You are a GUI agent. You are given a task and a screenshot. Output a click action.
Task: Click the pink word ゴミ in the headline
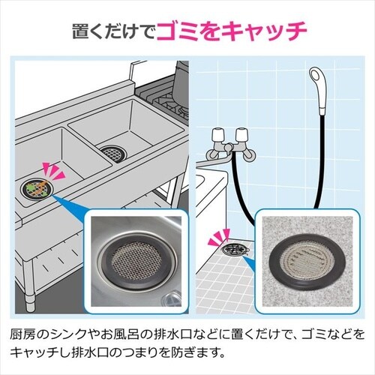coord(179,31)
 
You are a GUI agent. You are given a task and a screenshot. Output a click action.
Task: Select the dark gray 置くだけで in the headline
coord(114,31)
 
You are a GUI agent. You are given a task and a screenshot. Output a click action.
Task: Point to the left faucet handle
coord(218,136)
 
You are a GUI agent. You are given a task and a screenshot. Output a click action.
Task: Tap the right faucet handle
coord(241,136)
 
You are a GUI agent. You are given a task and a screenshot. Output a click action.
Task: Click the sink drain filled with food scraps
coord(37,189)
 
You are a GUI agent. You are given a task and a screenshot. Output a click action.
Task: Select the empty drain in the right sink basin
coord(114,153)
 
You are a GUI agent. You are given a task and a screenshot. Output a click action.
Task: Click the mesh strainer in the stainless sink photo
coord(136,260)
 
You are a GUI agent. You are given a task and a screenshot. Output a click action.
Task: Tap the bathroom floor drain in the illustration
coord(234,250)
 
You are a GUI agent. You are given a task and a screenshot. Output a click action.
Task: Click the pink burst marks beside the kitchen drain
coord(53,171)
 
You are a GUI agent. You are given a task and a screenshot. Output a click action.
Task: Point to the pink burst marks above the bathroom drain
coord(220,236)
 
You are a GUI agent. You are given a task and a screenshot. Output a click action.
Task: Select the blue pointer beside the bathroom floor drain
coord(249,262)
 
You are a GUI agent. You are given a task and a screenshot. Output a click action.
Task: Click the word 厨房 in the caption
coord(23,334)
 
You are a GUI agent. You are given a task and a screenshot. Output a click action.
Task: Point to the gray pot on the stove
coord(181,84)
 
